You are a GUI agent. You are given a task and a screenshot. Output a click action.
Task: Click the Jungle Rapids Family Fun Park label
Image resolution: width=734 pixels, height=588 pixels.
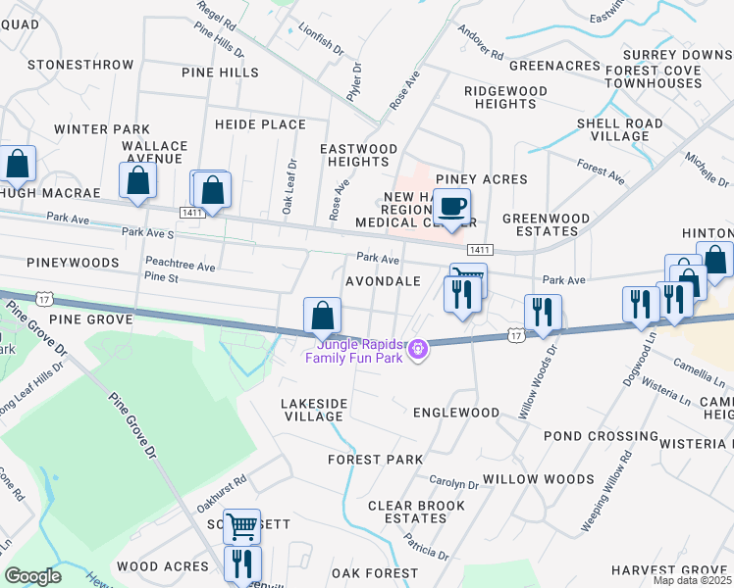[358, 350]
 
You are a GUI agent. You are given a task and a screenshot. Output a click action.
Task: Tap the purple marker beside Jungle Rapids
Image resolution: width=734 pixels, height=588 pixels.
[419, 348]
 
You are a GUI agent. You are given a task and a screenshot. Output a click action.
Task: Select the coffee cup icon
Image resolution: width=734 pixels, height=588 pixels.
[451, 209]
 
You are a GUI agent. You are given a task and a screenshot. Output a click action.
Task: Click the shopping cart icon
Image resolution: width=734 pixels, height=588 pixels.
[241, 527]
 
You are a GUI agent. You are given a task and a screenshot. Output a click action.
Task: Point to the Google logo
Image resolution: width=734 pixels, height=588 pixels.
[32, 576]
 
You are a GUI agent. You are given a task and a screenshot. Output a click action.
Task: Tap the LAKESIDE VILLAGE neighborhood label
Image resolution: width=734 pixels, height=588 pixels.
[314, 410]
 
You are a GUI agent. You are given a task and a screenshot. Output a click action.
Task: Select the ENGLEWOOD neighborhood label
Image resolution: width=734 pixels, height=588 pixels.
[455, 413]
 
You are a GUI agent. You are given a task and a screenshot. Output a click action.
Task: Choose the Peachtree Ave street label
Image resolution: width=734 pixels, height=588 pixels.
[180, 265]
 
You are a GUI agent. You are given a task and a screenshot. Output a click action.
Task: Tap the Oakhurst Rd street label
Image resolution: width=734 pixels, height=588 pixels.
[220, 489]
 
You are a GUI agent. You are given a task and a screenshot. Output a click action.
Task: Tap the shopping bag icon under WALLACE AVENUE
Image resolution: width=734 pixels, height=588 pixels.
[137, 181]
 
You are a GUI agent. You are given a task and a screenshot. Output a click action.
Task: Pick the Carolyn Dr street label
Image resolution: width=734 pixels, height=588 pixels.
[453, 483]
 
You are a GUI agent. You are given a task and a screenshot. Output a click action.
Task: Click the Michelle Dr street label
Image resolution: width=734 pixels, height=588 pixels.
[707, 170]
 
